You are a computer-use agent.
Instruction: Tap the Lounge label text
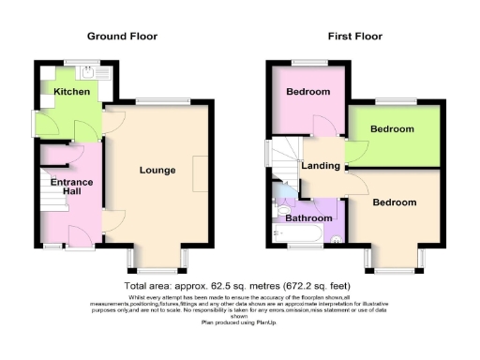click(x=157, y=170)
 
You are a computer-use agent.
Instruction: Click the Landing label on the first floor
click(x=321, y=166)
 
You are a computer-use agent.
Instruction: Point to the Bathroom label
click(x=309, y=218)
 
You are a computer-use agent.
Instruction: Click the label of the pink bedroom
click(x=307, y=92)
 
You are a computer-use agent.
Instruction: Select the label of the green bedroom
click(x=392, y=128)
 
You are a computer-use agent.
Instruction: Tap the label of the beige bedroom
click(x=394, y=202)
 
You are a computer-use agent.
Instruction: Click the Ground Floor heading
click(x=122, y=37)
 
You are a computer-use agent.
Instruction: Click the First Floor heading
click(x=354, y=37)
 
